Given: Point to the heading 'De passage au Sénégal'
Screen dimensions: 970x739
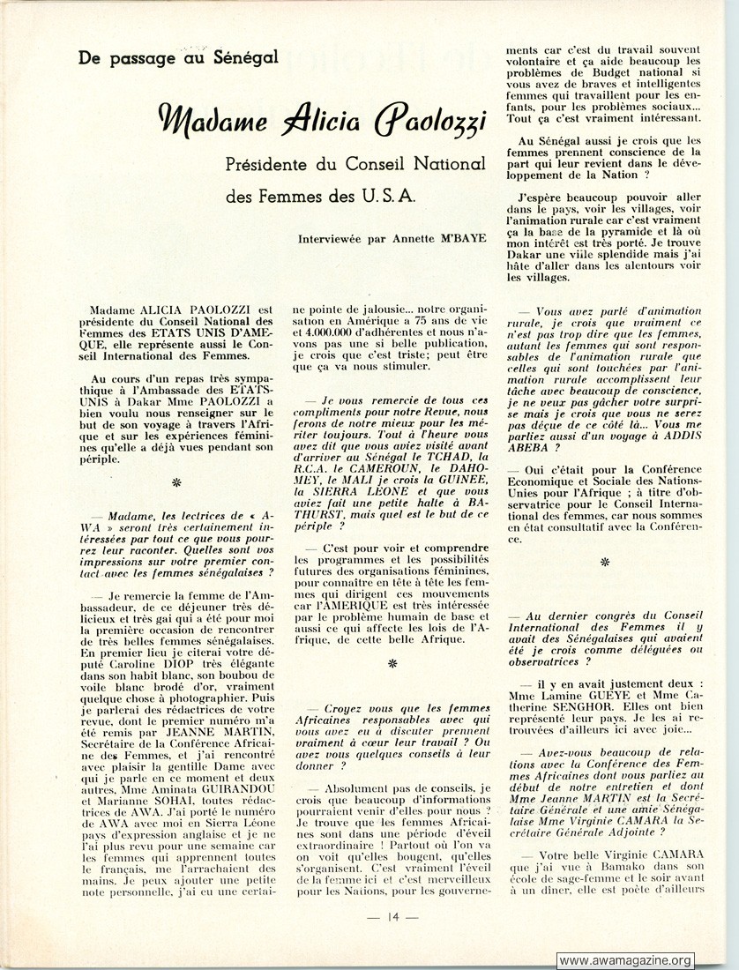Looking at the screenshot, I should coord(178,58).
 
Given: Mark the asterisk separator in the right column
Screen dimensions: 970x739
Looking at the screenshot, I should coord(605,561).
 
